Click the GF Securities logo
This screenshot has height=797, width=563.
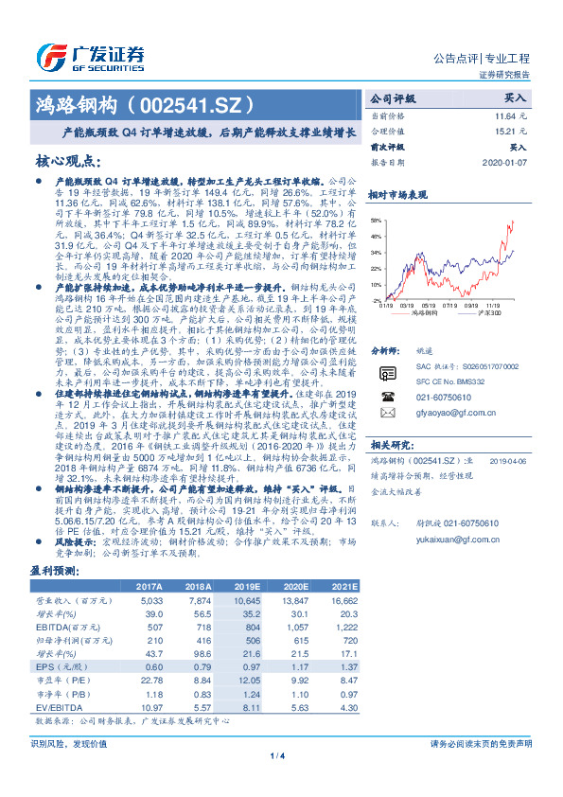[x=90, y=53]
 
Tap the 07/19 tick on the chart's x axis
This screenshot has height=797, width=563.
[x=453, y=305]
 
